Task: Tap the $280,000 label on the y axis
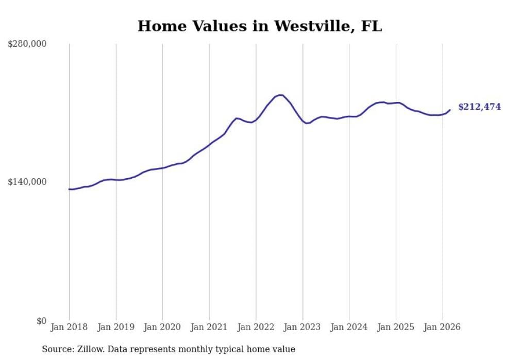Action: tap(27, 44)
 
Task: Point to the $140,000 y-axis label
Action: tap(27, 182)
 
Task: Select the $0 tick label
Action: tap(41, 321)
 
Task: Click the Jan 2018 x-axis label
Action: tap(69, 327)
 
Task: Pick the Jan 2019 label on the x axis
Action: tap(116, 327)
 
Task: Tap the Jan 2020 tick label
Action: tap(162, 327)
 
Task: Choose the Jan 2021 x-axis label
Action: tap(209, 327)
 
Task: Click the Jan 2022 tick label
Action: tap(256, 327)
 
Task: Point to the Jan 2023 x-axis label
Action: tap(302, 327)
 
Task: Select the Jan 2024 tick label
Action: tap(349, 327)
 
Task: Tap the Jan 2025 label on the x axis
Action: tap(396, 327)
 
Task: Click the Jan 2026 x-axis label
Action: tap(443, 327)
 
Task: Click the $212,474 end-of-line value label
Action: tap(479, 107)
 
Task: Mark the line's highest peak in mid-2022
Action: tap(280, 95)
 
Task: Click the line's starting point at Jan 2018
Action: tap(69, 189)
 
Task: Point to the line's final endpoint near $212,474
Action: tap(450, 110)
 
